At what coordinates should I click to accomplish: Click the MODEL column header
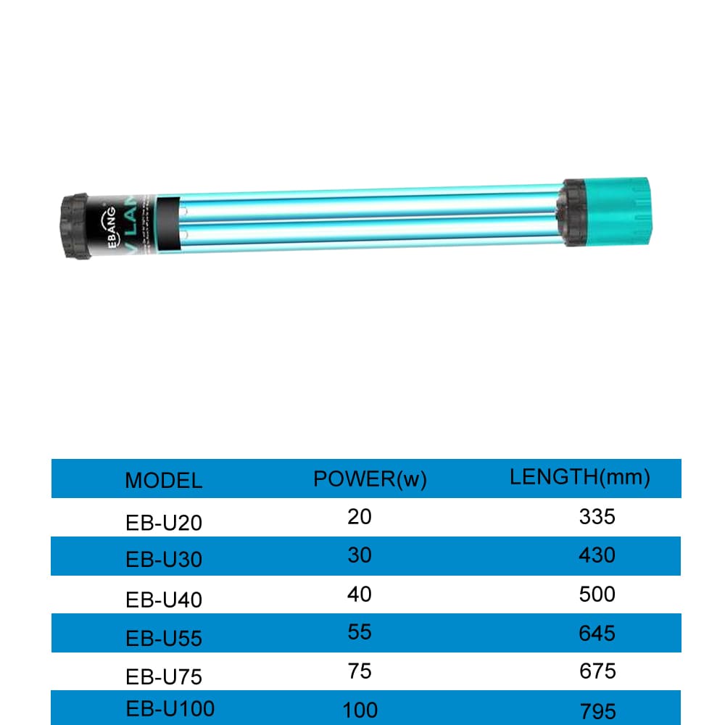click(x=163, y=480)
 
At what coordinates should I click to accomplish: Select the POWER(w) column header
click(x=370, y=478)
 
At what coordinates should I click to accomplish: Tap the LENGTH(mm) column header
click(x=580, y=477)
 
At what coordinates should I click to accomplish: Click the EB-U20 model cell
click(x=164, y=521)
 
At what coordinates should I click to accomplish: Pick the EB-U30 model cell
click(x=164, y=560)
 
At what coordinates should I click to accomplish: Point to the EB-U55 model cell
click(x=164, y=638)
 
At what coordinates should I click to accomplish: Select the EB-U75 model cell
click(x=164, y=676)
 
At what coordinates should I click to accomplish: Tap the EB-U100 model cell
click(x=170, y=708)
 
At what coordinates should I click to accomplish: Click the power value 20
click(x=360, y=517)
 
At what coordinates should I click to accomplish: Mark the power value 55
click(x=360, y=632)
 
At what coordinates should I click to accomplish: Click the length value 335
click(x=597, y=517)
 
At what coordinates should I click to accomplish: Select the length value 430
click(x=597, y=555)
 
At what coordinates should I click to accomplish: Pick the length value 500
click(x=597, y=594)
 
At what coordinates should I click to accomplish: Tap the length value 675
click(x=597, y=671)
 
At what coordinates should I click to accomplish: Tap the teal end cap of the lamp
click(x=624, y=210)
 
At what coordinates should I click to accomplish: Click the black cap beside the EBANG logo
click(x=74, y=225)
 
